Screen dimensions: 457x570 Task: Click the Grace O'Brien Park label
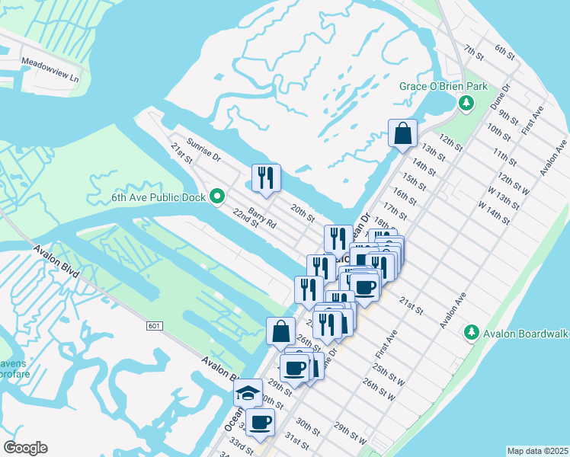444,87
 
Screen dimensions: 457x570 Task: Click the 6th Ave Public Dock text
160,197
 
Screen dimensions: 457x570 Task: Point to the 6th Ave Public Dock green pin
217,197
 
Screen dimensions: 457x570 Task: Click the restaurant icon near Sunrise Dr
267,177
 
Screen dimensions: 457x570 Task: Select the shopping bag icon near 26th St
280,331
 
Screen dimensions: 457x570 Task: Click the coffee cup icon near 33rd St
259,423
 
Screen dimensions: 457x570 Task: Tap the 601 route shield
155,326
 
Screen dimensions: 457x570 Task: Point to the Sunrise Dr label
203,150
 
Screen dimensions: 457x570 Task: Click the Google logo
25,448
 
